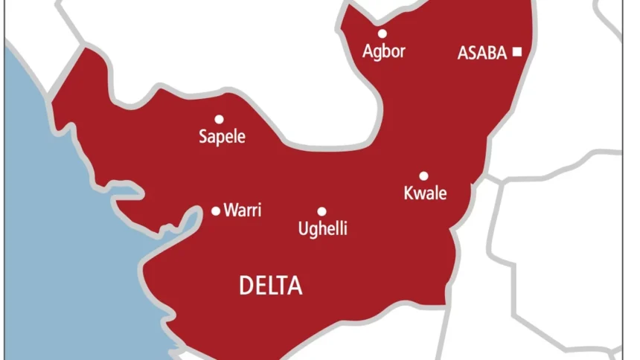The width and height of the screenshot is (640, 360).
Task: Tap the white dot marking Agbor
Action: click(382, 33)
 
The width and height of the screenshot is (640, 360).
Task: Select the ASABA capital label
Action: click(482, 53)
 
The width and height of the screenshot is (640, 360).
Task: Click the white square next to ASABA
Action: click(517, 52)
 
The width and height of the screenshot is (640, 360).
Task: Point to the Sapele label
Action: click(222, 138)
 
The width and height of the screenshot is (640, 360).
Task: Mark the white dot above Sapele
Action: click(219, 119)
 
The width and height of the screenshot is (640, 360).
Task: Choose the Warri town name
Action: click(243, 210)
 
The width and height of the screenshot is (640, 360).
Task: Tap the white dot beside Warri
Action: click(216, 211)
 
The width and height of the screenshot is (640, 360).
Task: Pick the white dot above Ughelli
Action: click(321, 212)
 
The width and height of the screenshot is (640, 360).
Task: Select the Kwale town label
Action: click(425, 194)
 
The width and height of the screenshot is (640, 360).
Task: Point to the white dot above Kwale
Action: click(423, 176)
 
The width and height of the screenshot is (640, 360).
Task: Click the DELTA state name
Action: click(271, 286)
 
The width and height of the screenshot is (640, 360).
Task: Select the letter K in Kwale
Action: click(408, 193)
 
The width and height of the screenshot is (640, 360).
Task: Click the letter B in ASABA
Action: click(487, 53)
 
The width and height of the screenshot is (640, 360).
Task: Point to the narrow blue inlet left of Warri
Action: click(179, 223)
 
